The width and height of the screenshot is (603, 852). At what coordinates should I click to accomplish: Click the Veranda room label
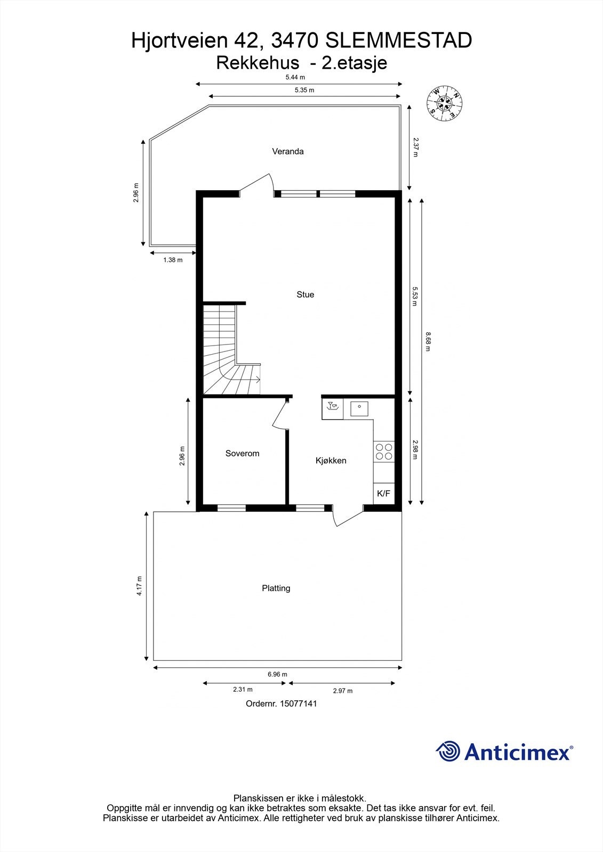point(287,151)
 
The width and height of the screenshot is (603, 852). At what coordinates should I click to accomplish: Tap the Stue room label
point(305,294)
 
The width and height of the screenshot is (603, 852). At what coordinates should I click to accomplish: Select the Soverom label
point(242,454)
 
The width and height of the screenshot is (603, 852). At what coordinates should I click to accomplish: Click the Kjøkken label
point(331,461)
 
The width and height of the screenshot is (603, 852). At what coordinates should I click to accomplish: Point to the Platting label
point(276,588)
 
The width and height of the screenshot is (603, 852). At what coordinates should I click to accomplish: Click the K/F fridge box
point(383,494)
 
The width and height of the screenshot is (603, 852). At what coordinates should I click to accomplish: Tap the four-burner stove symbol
point(384,452)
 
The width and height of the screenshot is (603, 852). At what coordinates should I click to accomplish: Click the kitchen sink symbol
point(359,408)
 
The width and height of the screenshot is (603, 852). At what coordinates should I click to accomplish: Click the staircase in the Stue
point(227,351)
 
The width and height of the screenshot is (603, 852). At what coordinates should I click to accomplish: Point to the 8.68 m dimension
point(428,342)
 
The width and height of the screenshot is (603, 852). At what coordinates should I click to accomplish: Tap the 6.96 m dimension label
point(277,674)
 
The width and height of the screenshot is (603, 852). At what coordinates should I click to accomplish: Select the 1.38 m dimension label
point(173,260)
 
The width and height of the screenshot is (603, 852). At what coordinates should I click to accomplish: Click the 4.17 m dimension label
point(139,586)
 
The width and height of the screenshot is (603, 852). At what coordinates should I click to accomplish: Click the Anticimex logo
point(504,752)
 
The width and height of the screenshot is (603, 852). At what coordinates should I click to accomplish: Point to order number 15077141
point(282,703)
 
